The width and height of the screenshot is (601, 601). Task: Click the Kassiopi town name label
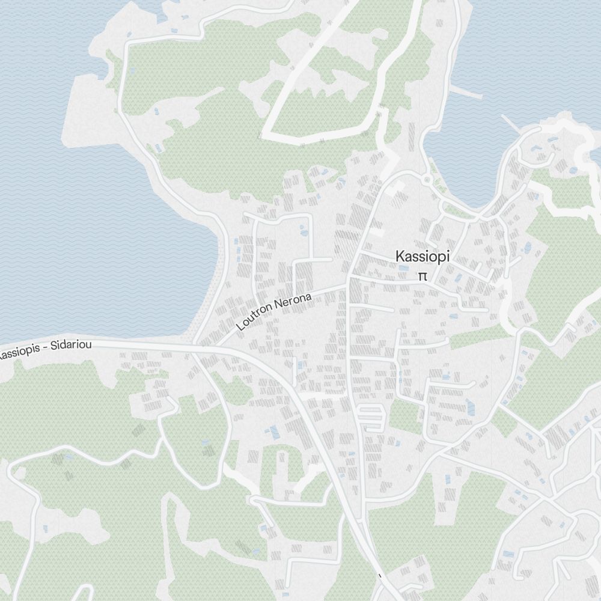coord(422,257)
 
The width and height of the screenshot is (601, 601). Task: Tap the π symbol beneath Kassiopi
coord(423,276)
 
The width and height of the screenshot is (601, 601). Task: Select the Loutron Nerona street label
coord(275,312)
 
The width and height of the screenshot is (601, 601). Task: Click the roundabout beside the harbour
coord(427,179)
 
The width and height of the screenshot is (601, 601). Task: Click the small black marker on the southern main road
coord(380,576)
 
